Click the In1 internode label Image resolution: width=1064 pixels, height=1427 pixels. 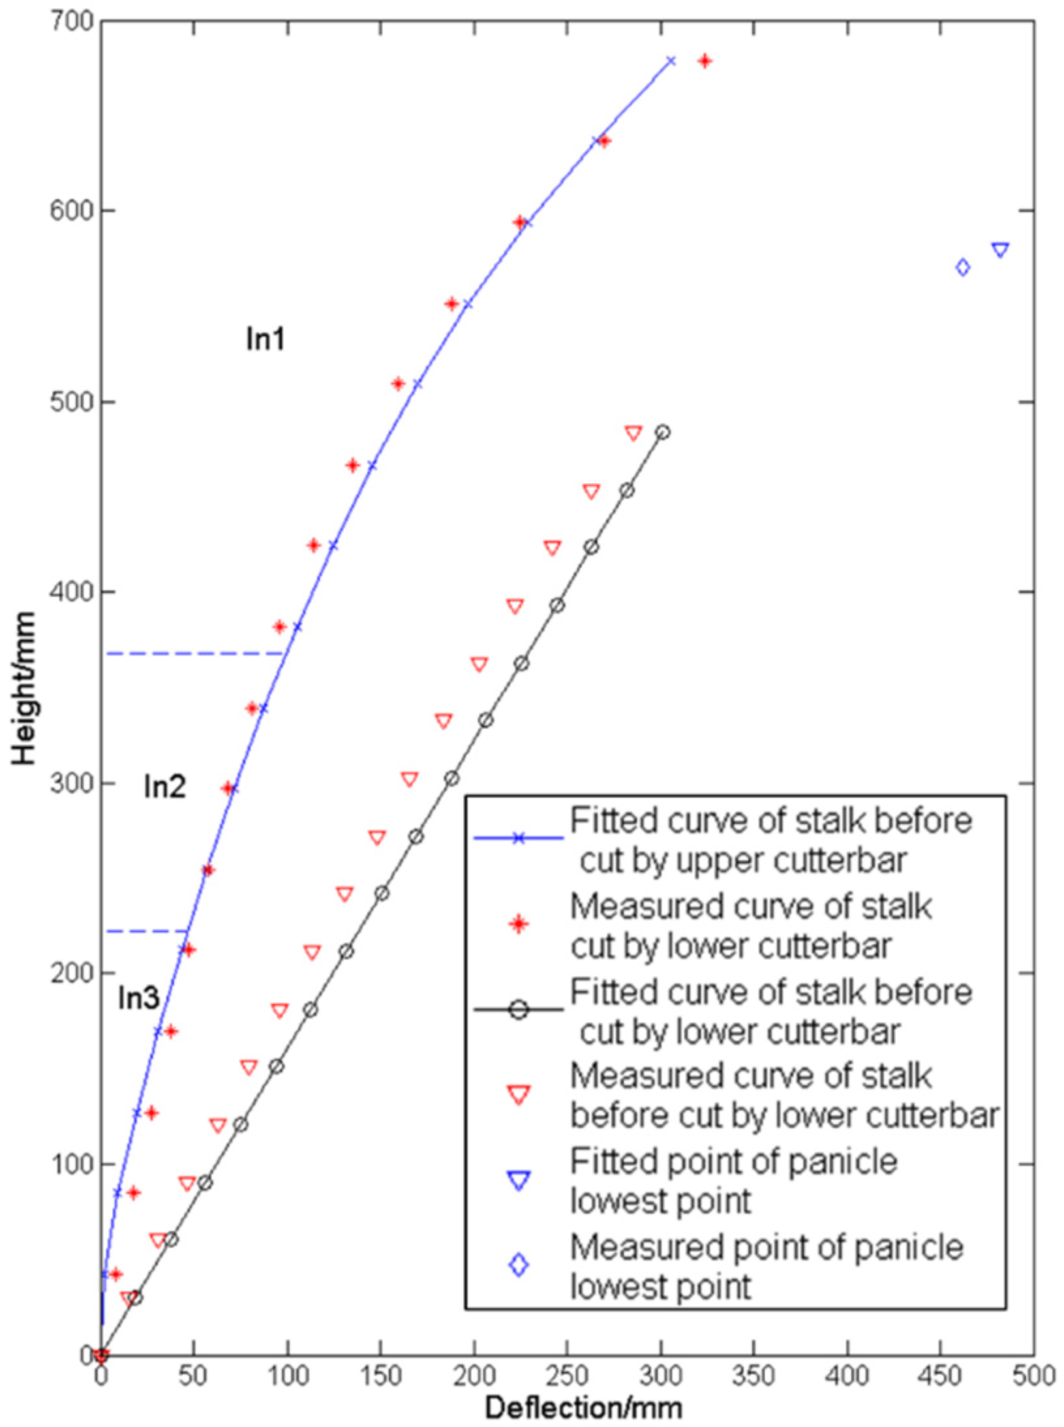click(x=266, y=339)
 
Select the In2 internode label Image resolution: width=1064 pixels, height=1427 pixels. click(x=164, y=787)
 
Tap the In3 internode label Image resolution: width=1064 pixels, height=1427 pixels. click(x=138, y=998)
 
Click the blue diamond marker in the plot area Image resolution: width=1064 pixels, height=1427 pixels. click(x=962, y=267)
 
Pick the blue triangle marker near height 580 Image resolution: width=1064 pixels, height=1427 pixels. click(x=1000, y=250)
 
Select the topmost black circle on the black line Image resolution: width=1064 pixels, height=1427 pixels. click(x=663, y=432)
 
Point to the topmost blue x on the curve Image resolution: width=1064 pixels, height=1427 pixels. click(x=671, y=61)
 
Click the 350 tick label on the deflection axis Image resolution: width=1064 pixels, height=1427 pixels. click(x=754, y=1376)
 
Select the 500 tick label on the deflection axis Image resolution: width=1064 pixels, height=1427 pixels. click(x=1033, y=1376)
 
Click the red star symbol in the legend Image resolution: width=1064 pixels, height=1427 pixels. click(x=519, y=925)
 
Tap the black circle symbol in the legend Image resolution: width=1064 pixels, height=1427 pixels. click(x=519, y=1010)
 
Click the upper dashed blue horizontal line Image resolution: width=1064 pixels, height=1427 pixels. click(x=189, y=653)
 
